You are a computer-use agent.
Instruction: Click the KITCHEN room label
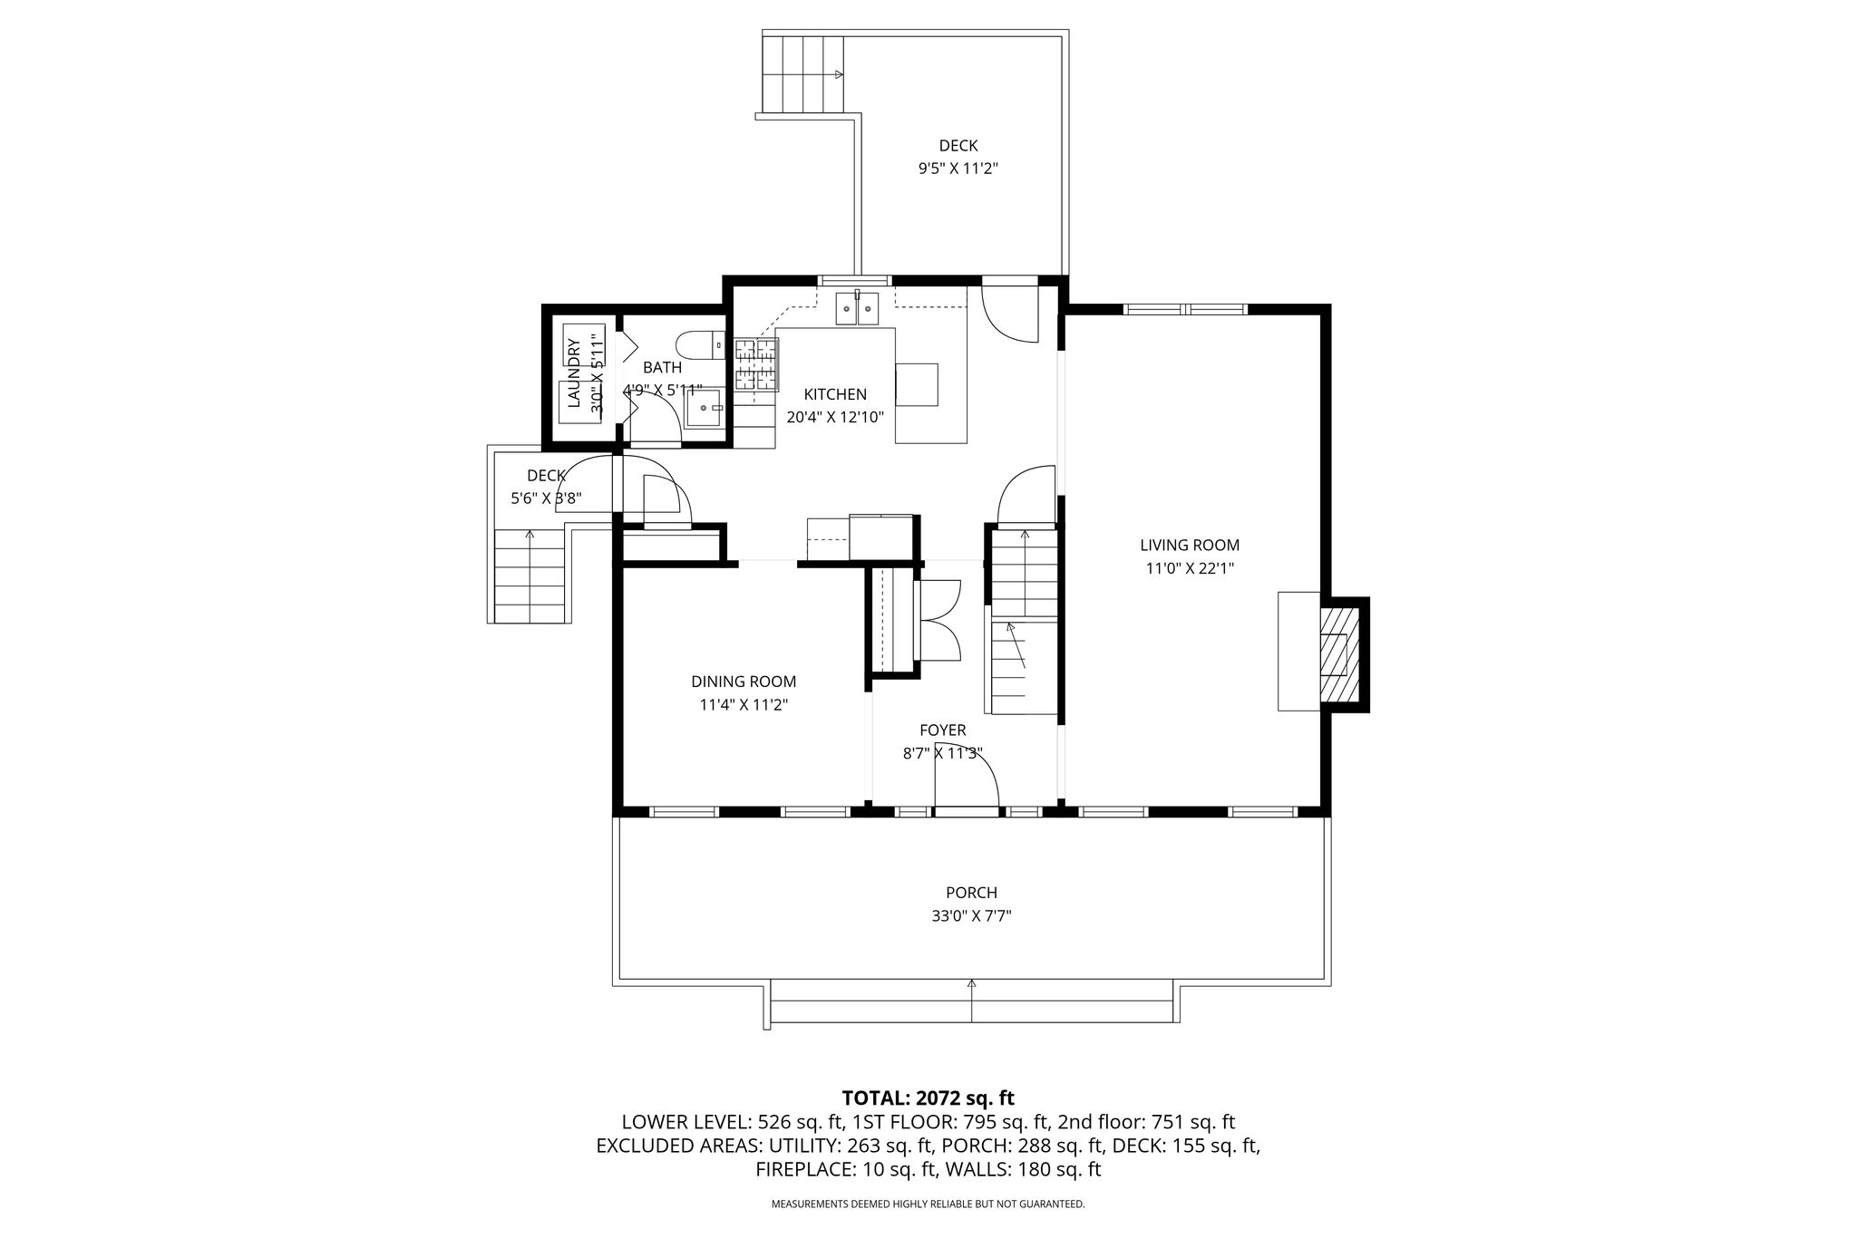coord(835,394)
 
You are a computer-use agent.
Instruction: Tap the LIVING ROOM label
coord(1190,546)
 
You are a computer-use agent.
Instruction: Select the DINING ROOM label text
coord(744,682)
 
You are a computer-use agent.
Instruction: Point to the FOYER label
coord(943,730)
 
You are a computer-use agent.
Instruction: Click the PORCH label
coord(971,893)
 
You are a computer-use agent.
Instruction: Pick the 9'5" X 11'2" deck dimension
coord(958,169)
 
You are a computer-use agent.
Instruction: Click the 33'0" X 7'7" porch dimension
coord(971,916)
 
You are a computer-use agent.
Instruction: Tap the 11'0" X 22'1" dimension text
coord(1190,569)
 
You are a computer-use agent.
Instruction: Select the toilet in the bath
coord(701,345)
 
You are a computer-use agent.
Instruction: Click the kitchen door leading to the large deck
coord(1009,314)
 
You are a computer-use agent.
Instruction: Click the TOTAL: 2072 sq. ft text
coord(928,1098)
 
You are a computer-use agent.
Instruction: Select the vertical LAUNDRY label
coord(573,373)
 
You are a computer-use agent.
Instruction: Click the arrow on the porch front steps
coord(971,1001)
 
